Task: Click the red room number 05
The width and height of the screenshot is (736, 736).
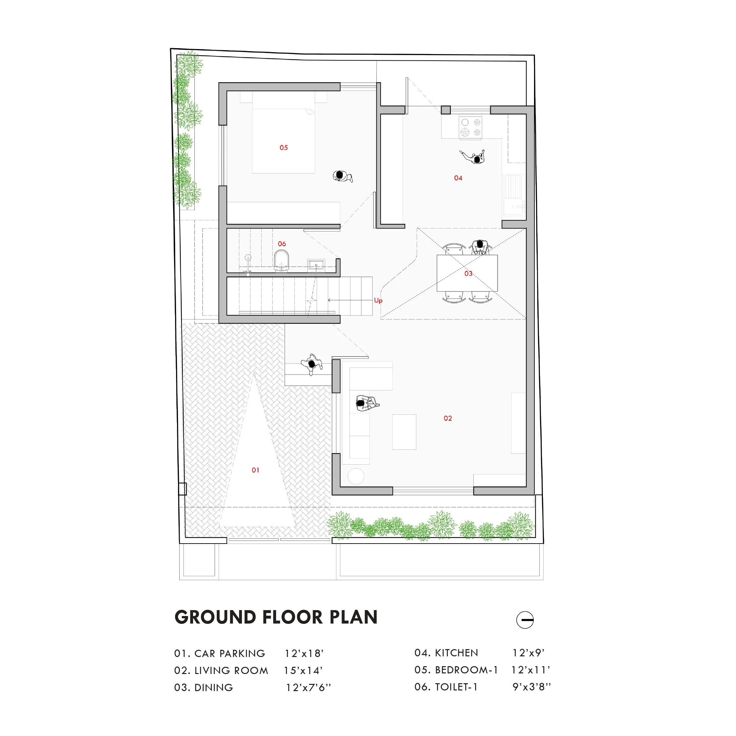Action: coord(284,148)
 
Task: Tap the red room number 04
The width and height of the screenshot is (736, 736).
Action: coord(458,178)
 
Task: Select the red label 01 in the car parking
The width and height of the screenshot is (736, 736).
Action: coord(255,470)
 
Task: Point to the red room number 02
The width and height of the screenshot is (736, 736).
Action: coord(448,418)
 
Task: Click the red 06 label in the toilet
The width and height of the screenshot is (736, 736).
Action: coord(282,244)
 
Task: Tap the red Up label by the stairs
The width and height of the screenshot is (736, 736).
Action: coord(378,301)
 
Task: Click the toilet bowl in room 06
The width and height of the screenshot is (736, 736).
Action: coord(282,261)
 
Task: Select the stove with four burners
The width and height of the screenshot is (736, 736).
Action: coord(470,127)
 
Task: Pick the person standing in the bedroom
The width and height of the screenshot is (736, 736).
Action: coord(342,176)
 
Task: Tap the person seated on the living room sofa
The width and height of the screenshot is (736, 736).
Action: coord(367,403)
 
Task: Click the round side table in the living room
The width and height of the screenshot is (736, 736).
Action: coord(356,476)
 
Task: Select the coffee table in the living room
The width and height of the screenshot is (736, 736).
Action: coord(404,432)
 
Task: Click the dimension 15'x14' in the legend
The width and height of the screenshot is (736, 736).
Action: coord(303,670)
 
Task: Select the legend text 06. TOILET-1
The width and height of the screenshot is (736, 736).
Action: coord(446,687)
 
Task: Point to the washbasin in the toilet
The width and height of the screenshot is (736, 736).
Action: coord(316,265)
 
